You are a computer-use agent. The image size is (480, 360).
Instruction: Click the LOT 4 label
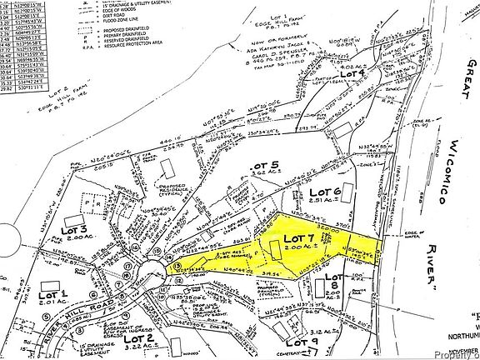coord(356,74)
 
